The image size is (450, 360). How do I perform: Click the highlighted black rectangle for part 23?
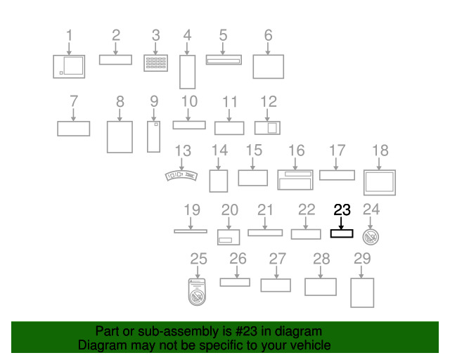pos(342,230)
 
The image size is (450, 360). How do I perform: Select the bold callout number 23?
pos(342,210)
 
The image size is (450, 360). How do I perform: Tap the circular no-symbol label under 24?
pos(371,237)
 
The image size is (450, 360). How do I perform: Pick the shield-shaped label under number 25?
pos(197,292)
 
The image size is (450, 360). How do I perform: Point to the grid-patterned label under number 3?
pos(156,63)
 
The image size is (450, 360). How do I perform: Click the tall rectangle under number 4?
pos(188,72)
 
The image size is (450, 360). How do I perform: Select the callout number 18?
pos(380,150)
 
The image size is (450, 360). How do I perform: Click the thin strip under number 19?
pos(191,231)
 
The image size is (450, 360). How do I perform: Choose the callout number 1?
pos(69,35)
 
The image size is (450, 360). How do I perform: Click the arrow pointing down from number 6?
pos(268,49)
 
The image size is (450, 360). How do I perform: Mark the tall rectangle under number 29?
pos(351,292)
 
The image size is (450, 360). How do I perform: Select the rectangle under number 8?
pos(108,137)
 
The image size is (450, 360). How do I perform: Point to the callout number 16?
pos(296,150)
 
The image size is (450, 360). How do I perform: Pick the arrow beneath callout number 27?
pos(276,272)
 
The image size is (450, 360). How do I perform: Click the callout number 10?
pos(189,101)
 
